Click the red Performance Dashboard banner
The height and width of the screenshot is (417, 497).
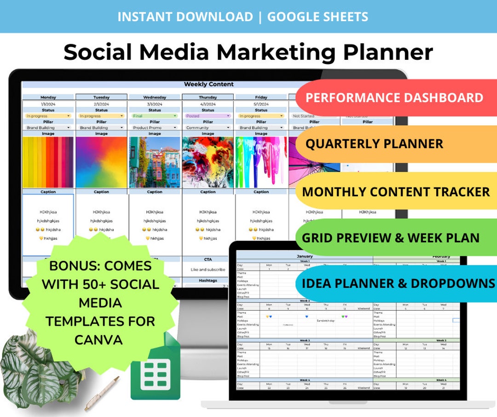(394, 98)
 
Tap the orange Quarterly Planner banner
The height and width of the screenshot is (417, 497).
(374, 143)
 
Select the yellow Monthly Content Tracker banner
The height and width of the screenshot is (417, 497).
(396, 192)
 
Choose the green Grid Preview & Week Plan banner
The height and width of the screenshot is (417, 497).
(390, 238)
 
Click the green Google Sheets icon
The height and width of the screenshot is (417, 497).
(155, 372)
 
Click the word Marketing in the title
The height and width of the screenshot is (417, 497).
(276, 52)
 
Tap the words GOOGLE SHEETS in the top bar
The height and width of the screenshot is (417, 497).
(318, 17)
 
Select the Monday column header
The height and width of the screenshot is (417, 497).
(48, 97)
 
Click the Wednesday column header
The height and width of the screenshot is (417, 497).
(155, 97)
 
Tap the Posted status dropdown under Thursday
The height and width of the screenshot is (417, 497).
(208, 116)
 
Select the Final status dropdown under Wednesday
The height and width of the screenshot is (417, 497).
(155, 116)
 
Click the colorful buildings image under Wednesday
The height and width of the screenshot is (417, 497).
(155, 162)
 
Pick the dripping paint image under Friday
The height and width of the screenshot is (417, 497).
(261, 162)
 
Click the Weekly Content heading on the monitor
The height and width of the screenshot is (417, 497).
(208, 84)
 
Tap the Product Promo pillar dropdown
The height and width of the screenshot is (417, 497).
(155, 128)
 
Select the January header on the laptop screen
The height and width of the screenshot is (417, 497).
(304, 256)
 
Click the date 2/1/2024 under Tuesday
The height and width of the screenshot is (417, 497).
(101, 104)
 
